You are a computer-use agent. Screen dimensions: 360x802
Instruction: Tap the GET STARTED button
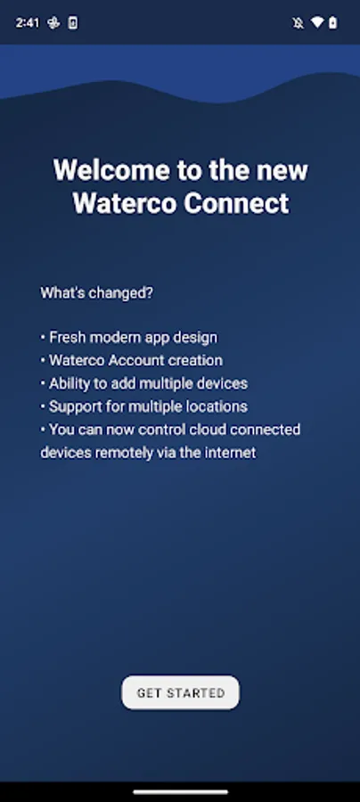[x=180, y=692]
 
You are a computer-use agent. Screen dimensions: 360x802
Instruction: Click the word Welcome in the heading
[x=111, y=170]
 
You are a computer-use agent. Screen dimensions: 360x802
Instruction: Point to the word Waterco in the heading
[x=125, y=203]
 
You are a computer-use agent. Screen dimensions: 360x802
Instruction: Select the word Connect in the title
[x=236, y=203]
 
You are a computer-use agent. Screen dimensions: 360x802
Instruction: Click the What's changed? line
[x=96, y=293]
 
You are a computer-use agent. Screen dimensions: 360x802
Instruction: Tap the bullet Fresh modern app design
[x=129, y=338]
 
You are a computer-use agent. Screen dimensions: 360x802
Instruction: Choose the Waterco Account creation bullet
[x=131, y=360]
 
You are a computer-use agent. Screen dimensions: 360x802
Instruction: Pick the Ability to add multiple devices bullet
[x=144, y=383]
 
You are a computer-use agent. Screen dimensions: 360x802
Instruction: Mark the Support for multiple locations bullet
[x=144, y=406]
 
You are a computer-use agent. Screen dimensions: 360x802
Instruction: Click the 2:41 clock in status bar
[x=27, y=22]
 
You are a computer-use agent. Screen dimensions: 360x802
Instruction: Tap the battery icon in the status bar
[x=333, y=22]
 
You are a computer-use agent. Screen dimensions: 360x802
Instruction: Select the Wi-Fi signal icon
[x=317, y=22]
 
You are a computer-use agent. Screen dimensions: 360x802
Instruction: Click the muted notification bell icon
[x=299, y=23]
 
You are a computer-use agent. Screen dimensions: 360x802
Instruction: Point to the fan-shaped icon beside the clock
[x=53, y=22]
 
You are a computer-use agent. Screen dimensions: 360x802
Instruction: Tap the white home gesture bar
[x=181, y=792]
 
